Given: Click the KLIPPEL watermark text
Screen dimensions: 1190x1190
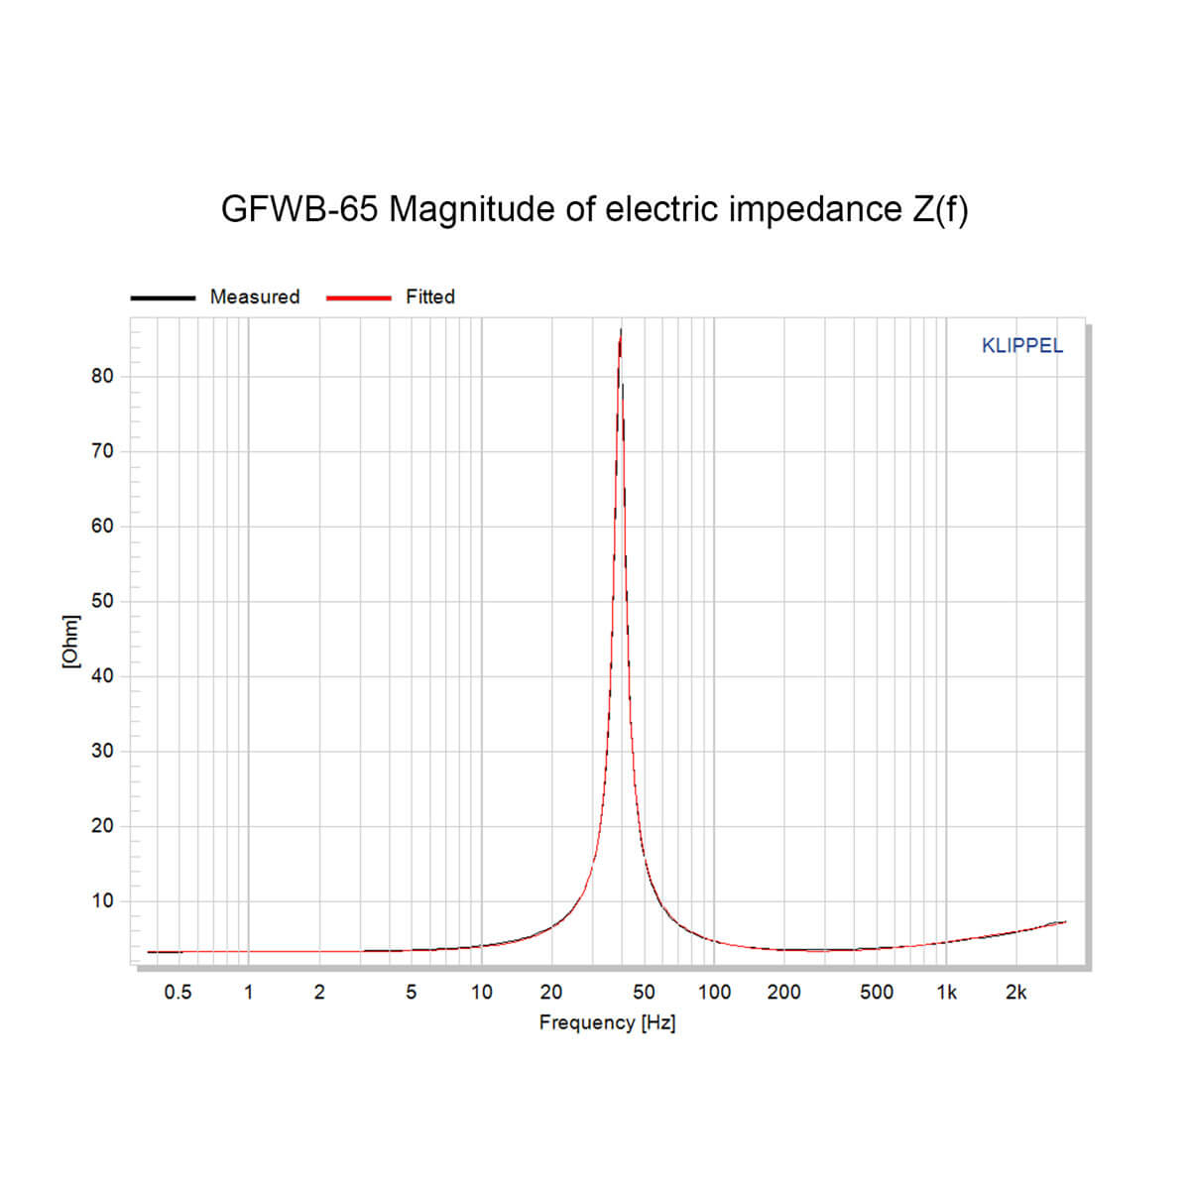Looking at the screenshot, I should [x=1021, y=346].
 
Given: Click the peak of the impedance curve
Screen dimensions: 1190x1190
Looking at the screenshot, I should [x=621, y=331].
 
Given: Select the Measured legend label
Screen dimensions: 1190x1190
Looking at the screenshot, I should [x=255, y=297].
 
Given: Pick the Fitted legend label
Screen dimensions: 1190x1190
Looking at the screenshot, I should [x=430, y=297].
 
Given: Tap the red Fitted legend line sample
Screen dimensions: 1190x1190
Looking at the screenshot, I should [x=358, y=297].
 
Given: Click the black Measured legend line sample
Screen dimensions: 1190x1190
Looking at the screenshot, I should [x=163, y=297].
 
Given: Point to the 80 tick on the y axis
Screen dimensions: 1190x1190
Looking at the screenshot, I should [x=103, y=376].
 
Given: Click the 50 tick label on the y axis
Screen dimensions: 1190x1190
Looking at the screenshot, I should [x=103, y=601].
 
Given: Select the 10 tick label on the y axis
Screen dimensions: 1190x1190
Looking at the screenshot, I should [x=103, y=901].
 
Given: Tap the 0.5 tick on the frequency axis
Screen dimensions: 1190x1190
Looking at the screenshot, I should [x=178, y=992].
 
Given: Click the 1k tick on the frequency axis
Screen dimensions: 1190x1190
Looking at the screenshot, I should [x=947, y=992].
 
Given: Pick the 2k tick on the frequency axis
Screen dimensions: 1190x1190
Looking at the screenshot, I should [x=1016, y=992].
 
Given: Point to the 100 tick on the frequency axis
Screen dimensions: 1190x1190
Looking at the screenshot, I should [x=714, y=992].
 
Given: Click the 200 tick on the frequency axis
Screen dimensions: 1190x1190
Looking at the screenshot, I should [x=783, y=992].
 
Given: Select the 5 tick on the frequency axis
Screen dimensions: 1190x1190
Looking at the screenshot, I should [x=411, y=992].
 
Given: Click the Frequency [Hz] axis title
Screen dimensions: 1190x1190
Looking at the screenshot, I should [x=607, y=1022].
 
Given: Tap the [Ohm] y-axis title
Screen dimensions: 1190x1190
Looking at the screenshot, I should [x=70, y=642].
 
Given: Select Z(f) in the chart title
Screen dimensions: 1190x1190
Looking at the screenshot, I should [x=937, y=209].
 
